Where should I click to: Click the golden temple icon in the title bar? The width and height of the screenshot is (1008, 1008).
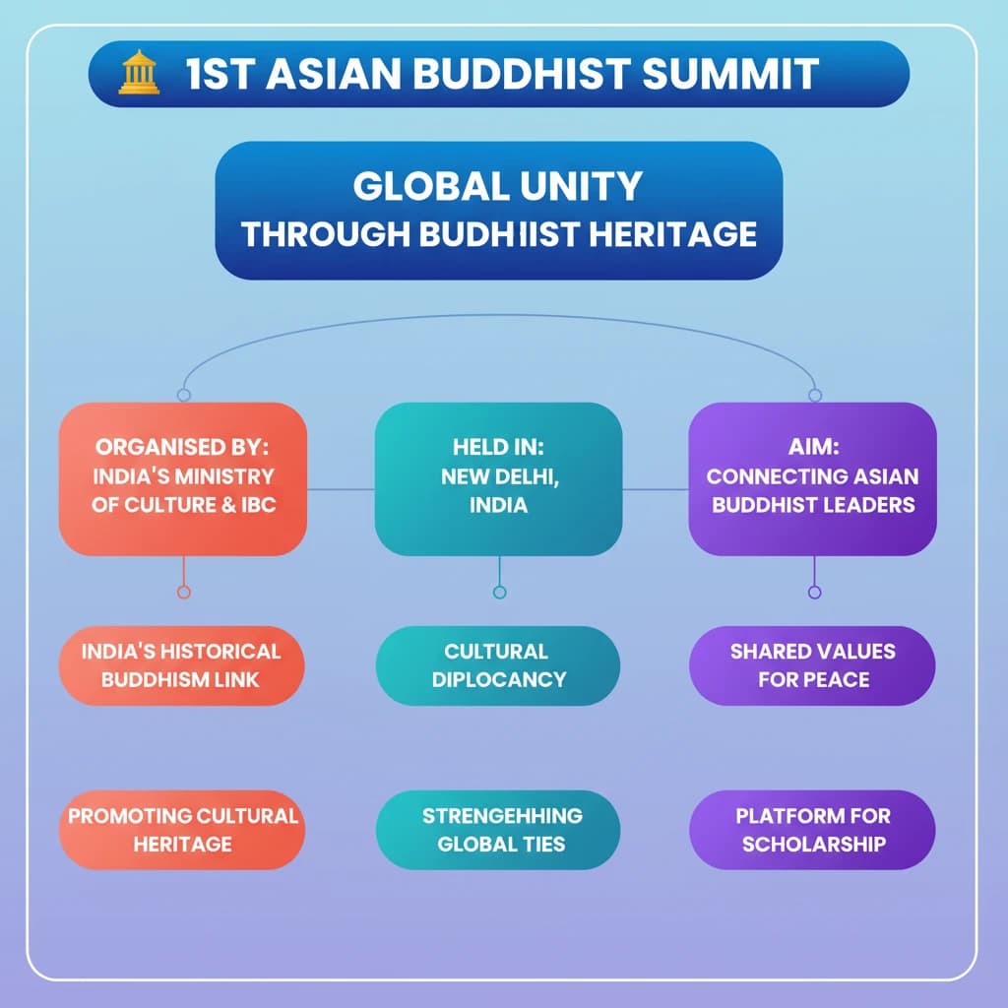click(x=138, y=74)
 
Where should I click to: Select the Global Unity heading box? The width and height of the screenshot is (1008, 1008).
click(x=498, y=210)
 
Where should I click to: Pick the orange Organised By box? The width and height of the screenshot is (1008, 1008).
click(x=183, y=478)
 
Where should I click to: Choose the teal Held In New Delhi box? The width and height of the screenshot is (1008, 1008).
click(x=498, y=478)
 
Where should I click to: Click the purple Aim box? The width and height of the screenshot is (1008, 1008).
click(x=812, y=478)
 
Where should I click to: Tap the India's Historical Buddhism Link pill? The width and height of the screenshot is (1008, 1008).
click(x=181, y=665)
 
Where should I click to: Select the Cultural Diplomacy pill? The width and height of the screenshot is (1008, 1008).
click(x=498, y=665)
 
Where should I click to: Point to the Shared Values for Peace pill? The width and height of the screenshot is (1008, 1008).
click(x=812, y=665)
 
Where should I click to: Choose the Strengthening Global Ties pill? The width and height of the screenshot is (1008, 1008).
click(x=498, y=830)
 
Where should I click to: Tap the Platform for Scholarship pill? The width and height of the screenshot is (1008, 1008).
click(x=812, y=830)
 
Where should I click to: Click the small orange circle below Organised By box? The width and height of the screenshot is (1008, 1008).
click(x=183, y=592)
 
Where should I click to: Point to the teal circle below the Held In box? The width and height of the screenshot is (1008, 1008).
click(x=499, y=592)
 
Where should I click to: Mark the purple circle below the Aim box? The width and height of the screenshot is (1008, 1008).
click(x=814, y=592)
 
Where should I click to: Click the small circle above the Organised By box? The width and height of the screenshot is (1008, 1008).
click(x=183, y=395)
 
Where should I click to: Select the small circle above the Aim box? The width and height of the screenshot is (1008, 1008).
click(x=814, y=395)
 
